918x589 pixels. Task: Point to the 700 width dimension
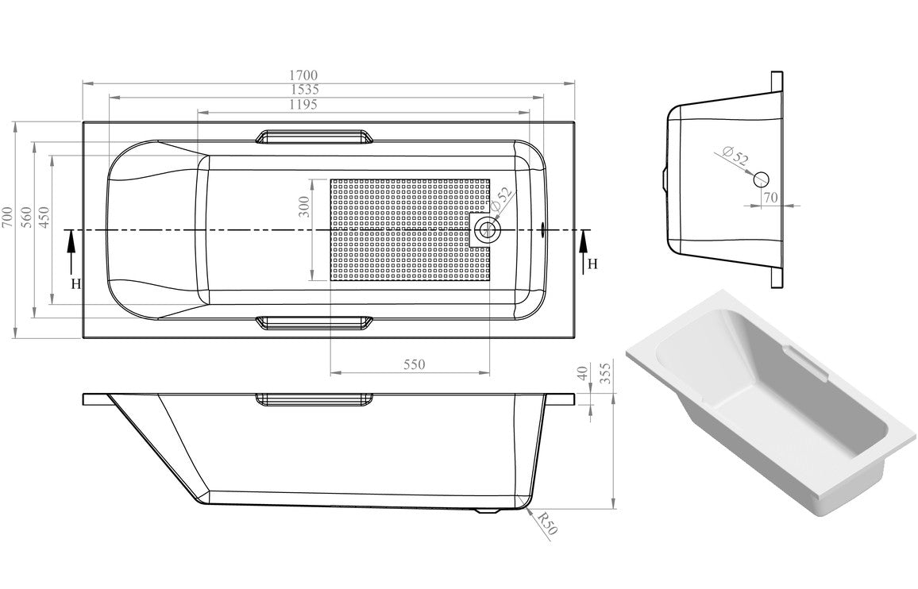[7, 218]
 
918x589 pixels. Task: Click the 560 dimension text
[25, 218]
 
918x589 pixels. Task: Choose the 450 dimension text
[44, 218]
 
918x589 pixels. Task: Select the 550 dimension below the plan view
[414, 364]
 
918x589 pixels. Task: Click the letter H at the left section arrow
[76, 283]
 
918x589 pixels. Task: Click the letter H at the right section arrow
[592, 264]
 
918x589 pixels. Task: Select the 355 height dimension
[607, 374]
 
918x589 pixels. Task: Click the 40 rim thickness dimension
[584, 373]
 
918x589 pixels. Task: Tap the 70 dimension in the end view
[769, 196]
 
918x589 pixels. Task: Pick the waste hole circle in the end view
[762, 179]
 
